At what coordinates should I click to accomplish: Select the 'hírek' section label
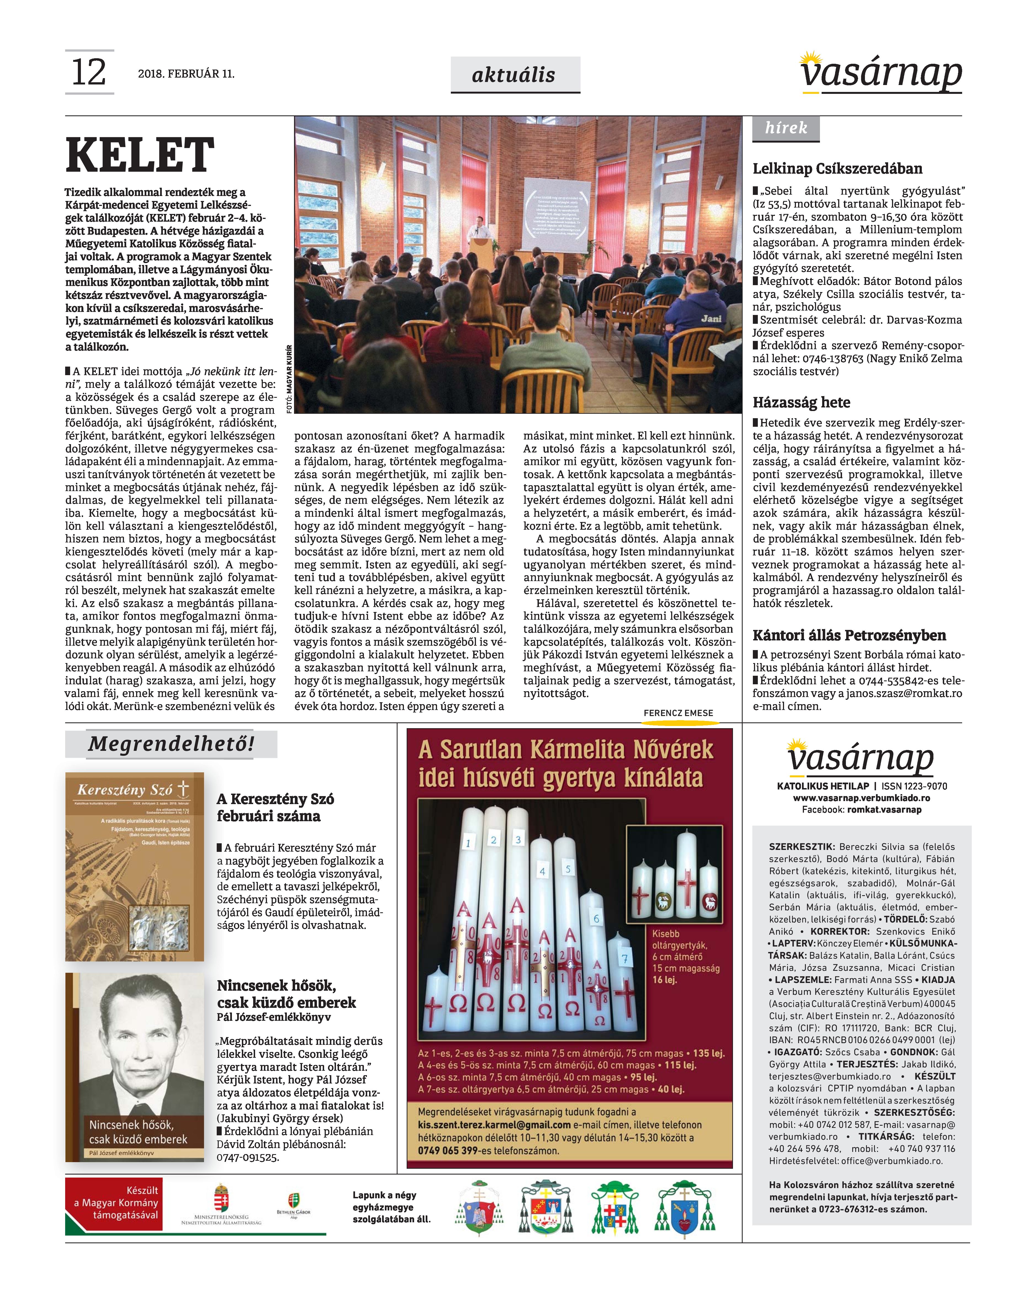click(x=785, y=128)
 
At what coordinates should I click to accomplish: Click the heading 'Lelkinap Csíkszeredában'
click(x=829, y=169)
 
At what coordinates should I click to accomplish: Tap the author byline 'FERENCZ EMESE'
click(x=678, y=713)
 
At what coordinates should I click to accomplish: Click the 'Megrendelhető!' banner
click(x=171, y=744)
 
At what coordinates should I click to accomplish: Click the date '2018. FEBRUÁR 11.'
click(x=186, y=74)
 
